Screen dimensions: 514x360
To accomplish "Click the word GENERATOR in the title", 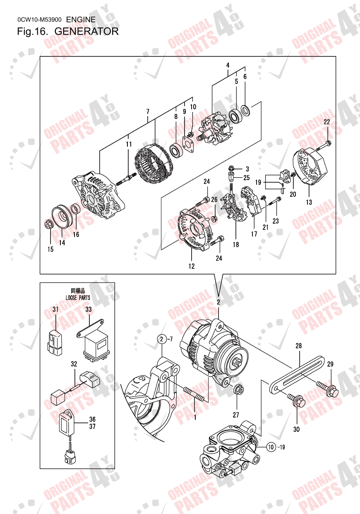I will pyautogui.click(x=86, y=31).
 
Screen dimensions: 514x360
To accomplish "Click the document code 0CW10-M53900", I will pyautogui.click(x=40, y=19).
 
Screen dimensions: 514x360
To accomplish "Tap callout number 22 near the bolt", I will pyautogui.click(x=327, y=122).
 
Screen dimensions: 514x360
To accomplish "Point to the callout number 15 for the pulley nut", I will pyautogui.click(x=50, y=249).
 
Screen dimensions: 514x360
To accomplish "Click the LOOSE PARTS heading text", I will pyautogui.click(x=78, y=297).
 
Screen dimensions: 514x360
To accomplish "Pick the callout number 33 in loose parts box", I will pyautogui.click(x=89, y=309).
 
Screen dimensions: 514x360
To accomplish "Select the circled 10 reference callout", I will pyautogui.click(x=271, y=447).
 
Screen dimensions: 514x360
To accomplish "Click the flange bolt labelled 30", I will pyautogui.click(x=297, y=400).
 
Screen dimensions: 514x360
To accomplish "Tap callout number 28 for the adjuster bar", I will pyautogui.click(x=299, y=345).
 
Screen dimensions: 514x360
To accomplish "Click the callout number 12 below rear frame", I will pyautogui.click(x=192, y=266).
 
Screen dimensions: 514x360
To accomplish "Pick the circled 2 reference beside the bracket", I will pyautogui.click(x=161, y=340).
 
